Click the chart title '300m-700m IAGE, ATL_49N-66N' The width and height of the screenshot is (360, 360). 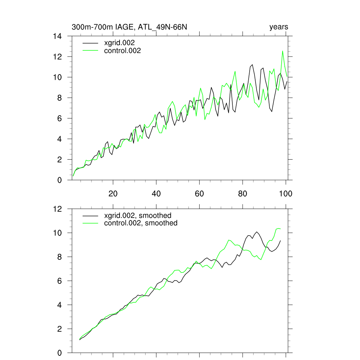pos(129,27)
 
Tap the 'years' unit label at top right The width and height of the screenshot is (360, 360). pos(278,27)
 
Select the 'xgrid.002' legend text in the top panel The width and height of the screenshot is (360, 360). pos(120,43)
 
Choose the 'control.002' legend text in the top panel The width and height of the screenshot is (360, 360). pos(122,51)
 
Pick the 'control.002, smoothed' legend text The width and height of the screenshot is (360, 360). pos(141,223)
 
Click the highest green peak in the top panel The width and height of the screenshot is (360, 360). pos(282,51)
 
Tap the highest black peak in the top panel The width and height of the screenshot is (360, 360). pos(252,65)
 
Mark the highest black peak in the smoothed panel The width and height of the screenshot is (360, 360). pos(257,232)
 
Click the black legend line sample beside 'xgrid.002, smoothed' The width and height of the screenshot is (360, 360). pos(90,215)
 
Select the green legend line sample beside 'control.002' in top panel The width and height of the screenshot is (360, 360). pos(90,51)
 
